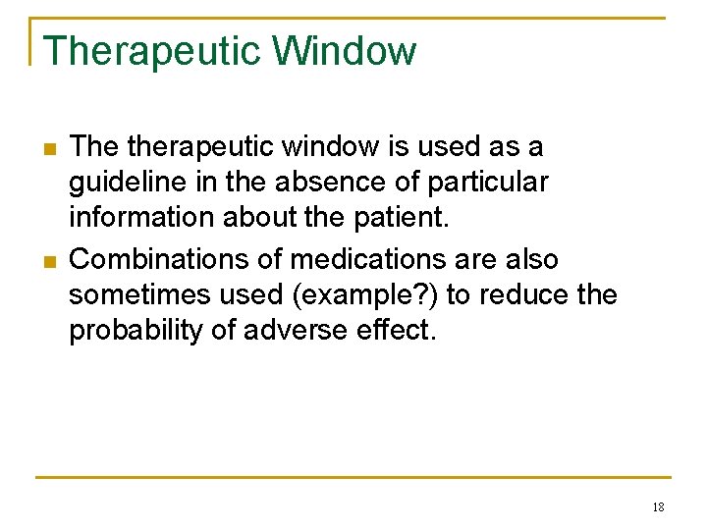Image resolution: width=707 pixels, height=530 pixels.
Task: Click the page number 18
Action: (x=657, y=507)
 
